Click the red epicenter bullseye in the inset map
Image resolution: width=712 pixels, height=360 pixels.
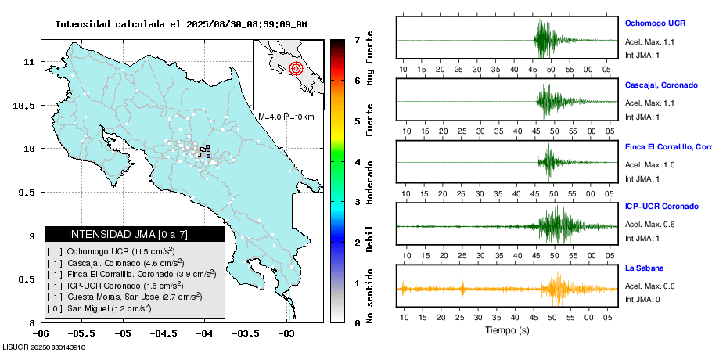295,68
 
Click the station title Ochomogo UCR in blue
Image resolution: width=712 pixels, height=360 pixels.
656,23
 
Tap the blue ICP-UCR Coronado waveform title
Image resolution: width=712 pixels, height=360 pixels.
661,207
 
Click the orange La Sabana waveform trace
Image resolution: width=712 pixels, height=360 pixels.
509,288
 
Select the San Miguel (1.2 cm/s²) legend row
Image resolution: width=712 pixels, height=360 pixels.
110,308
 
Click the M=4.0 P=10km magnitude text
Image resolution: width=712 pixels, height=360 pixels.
286,117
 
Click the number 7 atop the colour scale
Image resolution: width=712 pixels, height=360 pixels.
357,39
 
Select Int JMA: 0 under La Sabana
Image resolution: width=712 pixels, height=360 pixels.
642,299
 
